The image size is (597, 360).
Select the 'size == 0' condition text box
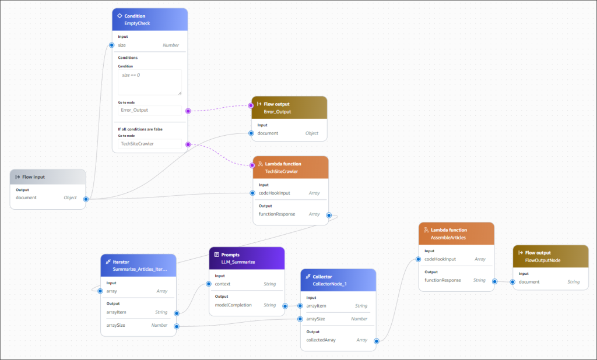coord(150,82)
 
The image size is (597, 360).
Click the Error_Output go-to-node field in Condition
coord(150,110)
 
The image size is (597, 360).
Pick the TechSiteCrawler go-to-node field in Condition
coord(150,144)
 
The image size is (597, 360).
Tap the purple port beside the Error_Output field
coord(188,111)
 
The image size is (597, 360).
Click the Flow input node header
coord(48,177)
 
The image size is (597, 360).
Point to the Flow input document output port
coord(86,199)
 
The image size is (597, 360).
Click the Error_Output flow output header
coord(289,108)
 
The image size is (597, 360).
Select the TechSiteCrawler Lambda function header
coord(290,167)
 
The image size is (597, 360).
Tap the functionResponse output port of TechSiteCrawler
coord(329,215)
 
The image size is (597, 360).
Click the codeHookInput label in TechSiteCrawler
coord(274,193)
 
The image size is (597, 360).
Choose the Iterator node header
coord(138,265)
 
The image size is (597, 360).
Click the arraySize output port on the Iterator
coord(177,326)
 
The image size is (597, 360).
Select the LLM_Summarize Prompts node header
coord(247,258)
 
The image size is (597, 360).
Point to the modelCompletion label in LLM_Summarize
coord(233,305)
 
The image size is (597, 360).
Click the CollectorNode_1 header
coord(338,280)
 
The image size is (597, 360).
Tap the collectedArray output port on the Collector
coord(377,341)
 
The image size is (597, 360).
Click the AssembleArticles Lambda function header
coord(456,233)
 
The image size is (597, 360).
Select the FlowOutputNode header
coord(550,256)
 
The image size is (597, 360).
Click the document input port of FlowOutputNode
coord(513,282)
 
